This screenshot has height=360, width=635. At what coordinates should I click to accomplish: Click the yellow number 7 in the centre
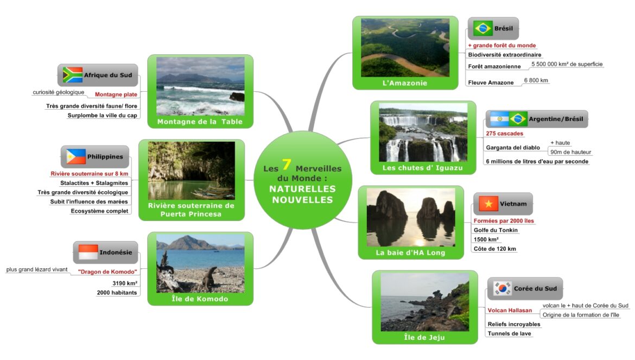(287, 165)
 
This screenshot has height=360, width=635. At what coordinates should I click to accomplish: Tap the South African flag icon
(73, 75)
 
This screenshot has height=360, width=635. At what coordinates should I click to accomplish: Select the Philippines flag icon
(76, 157)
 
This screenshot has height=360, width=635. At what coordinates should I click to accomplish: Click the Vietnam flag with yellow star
(488, 204)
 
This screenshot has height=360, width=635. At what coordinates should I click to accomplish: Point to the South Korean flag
(502, 288)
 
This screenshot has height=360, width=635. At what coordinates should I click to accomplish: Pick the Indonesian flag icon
(88, 252)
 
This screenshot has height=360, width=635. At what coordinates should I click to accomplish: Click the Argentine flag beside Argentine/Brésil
(499, 119)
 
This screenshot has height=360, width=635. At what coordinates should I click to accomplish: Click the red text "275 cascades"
(505, 134)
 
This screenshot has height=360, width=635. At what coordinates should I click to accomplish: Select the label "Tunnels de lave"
(509, 334)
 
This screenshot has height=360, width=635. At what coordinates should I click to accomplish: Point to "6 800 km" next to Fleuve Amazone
(536, 80)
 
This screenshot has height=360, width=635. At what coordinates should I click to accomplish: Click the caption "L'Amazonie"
(405, 83)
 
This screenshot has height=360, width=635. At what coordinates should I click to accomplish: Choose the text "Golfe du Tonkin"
(496, 230)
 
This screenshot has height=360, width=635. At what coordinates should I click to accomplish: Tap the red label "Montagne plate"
(116, 94)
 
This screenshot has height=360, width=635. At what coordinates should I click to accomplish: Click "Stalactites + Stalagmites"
(94, 183)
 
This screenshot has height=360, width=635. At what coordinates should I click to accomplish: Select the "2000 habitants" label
(117, 292)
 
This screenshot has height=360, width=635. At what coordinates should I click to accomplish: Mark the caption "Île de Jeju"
(424, 337)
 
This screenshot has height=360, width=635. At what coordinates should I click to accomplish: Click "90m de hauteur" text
(570, 152)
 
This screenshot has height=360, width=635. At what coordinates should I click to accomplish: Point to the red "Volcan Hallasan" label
(510, 311)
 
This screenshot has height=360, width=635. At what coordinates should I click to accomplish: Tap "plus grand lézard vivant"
(37, 270)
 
